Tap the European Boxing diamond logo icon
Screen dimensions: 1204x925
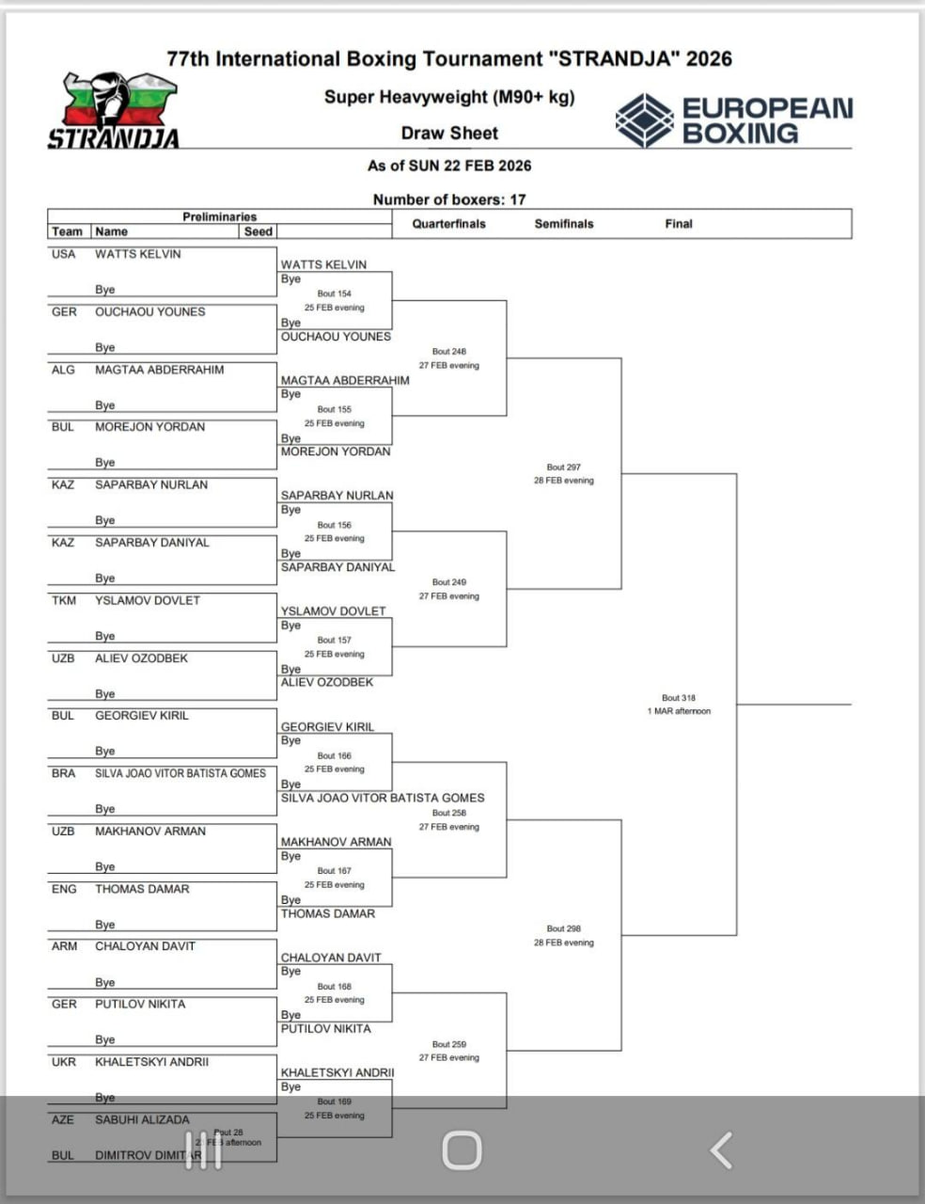644,120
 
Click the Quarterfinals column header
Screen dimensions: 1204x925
448,224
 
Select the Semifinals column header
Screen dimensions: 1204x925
564,224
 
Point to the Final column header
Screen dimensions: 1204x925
678,224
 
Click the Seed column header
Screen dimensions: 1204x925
258,231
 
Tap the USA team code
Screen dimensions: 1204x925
63,254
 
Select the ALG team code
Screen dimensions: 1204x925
63,370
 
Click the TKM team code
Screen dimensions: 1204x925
64,600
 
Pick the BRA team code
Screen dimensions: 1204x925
64,773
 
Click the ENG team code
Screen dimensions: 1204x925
64,889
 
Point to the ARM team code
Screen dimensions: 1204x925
64,946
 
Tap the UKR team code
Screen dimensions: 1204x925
64,1062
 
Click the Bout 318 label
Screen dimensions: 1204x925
679,698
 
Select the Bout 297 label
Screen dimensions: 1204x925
564,467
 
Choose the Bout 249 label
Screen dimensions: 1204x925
449,582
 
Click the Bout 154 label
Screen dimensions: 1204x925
334,293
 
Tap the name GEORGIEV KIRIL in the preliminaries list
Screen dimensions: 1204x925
142,716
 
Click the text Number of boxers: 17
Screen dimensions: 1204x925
449,199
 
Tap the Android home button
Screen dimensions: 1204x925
462,1149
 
